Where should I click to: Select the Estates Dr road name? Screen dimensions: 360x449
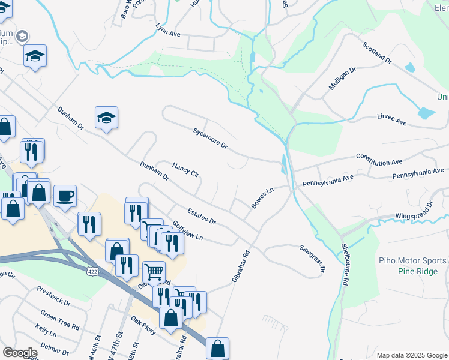coord(201,217)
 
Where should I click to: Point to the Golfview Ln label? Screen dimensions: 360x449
coord(188,231)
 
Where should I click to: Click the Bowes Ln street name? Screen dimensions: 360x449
coord(262,198)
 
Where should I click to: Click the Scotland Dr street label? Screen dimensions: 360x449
coord(377,53)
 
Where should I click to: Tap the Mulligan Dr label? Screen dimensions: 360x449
coord(342,78)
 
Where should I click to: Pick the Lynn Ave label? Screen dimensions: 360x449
coord(168,30)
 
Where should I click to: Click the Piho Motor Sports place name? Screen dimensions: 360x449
coord(412,260)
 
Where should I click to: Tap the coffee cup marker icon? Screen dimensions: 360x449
coord(65,195)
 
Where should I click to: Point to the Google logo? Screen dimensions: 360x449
coord(20,352)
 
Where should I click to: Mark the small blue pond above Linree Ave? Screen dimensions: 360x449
coord(426,112)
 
